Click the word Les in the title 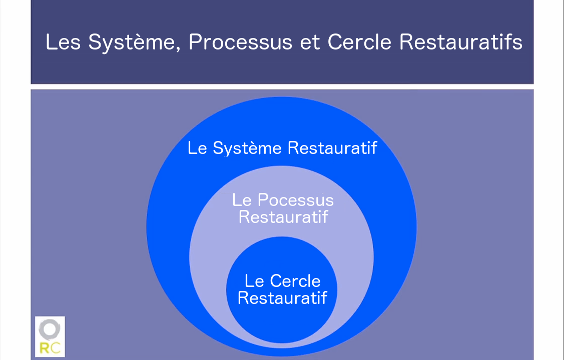63,41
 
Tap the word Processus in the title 240,41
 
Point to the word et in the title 310,42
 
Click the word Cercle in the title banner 359,41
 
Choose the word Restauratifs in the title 461,41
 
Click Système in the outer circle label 247,148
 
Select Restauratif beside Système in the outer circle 332,147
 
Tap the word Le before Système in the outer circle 197,148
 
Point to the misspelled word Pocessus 296,200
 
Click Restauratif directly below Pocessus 283,217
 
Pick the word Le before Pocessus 241,200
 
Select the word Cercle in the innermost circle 295,281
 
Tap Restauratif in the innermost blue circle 282,298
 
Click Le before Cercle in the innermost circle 254,281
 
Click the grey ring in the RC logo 50,329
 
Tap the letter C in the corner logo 56,348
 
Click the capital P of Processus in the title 195,41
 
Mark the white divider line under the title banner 282,86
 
